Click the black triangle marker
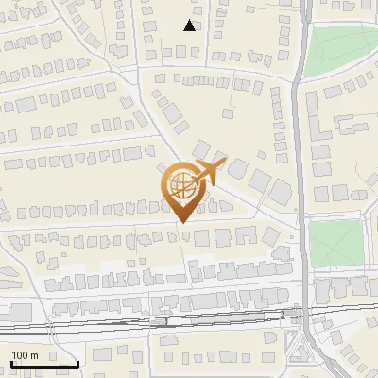tap(190, 26)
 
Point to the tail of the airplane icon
tap(192, 180)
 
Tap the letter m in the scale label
tap(34, 355)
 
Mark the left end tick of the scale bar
tap(11, 362)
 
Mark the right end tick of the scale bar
tap(77, 362)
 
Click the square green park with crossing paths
tap(335, 243)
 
